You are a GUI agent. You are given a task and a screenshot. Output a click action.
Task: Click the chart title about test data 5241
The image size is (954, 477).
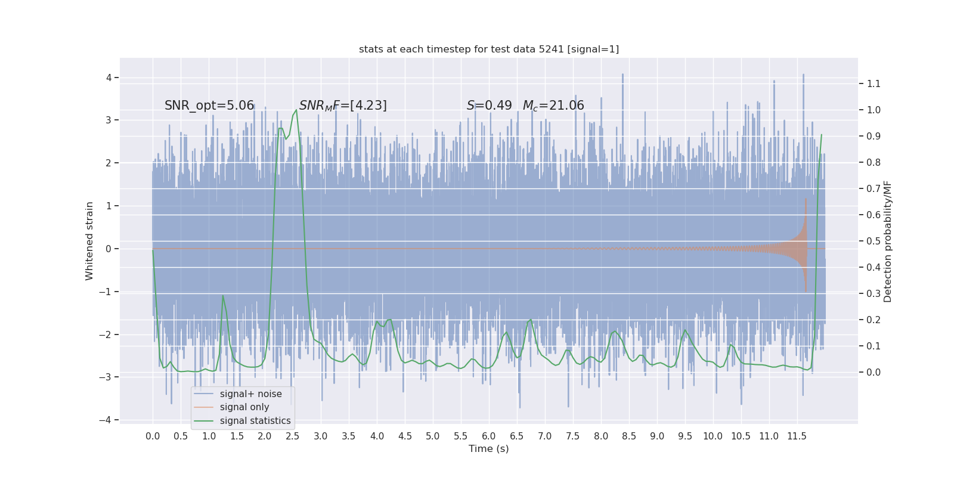click(x=489, y=49)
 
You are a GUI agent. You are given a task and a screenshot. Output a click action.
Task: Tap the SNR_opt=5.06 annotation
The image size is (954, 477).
click(x=209, y=106)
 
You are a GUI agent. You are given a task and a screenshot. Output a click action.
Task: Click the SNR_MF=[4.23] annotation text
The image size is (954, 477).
click(x=343, y=106)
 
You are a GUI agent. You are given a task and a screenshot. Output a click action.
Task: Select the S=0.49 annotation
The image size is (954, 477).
click(x=489, y=106)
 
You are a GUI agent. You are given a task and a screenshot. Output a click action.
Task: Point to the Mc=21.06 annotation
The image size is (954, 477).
click(x=553, y=106)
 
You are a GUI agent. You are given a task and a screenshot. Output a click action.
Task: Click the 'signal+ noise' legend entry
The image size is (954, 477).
click(x=250, y=394)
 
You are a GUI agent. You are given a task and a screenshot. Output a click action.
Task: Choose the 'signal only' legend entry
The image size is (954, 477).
click(x=244, y=407)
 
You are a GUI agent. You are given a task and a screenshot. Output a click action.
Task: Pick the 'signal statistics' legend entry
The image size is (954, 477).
click(x=255, y=421)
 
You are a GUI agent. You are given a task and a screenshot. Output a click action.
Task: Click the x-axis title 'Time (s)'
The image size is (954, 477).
click(x=489, y=448)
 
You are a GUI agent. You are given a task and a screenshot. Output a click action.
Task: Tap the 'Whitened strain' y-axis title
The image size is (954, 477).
click(x=89, y=241)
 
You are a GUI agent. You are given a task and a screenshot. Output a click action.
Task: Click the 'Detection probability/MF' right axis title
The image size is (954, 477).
click(x=888, y=241)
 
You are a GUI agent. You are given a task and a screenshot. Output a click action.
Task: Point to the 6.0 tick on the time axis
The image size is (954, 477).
click(x=489, y=436)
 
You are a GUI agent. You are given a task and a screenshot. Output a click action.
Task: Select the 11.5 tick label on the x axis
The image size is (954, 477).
click(x=797, y=436)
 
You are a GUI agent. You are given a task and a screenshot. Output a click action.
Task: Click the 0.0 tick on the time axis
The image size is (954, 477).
click(x=153, y=436)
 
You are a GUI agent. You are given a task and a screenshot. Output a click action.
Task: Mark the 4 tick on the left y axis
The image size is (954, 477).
click(x=109, y=78)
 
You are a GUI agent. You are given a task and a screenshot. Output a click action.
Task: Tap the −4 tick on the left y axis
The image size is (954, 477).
click(x=106, y=420)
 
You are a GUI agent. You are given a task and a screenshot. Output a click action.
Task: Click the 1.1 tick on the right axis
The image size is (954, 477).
click(x=874, y=83)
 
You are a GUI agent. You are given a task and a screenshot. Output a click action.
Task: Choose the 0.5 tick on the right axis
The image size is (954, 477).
click(x=874, y=241)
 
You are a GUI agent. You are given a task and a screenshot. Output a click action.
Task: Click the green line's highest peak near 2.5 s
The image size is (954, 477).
click(x=296, y=110)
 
